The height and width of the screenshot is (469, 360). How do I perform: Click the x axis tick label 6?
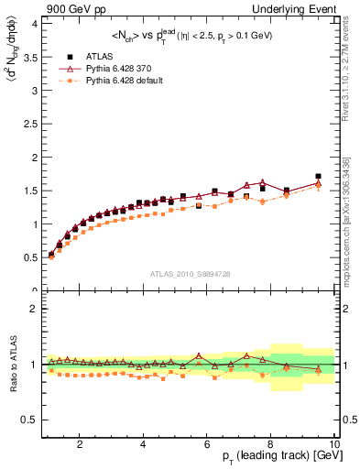(207, 444)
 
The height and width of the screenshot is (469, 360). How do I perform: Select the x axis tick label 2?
(81, 444)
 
